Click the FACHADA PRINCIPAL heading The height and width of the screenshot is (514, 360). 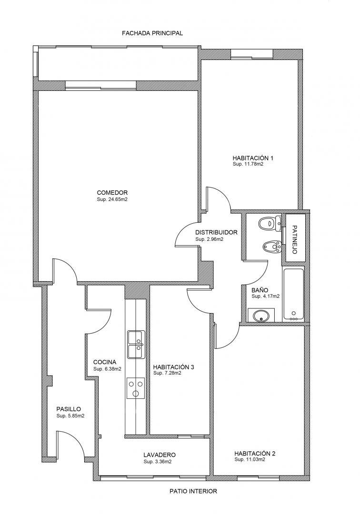click(x=152, y=33)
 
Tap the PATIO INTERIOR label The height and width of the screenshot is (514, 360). click(x=193, y=491)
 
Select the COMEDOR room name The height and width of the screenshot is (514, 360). click(x=112, y=193)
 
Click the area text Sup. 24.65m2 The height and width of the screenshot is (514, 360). click(x=112, y=199)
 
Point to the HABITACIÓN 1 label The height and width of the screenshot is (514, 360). click(x=253, y=158)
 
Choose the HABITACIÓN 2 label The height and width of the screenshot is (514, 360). click(x=255, y=454)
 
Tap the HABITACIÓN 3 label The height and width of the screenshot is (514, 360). click(x=173, y=367)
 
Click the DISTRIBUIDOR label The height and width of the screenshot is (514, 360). click(x=216, y=232)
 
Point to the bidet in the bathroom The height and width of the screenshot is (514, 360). click(x=272, y=246)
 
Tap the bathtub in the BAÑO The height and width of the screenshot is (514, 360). click(x=293, y=295)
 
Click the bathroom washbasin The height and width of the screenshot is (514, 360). click(x=261, y=316)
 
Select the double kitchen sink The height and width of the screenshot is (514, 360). click(x=136, y=345)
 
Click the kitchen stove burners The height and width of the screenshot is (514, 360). click(x=136, y=388)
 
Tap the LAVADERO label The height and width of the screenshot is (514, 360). click(x=160, y=455)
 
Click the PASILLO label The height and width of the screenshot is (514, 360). click(x=69, y=409)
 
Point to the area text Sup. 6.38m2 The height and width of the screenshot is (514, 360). click(x=107, y=369)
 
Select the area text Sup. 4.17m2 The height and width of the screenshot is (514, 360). click(x=266, y=297)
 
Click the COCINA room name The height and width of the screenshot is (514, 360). click(x=105, y=362)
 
